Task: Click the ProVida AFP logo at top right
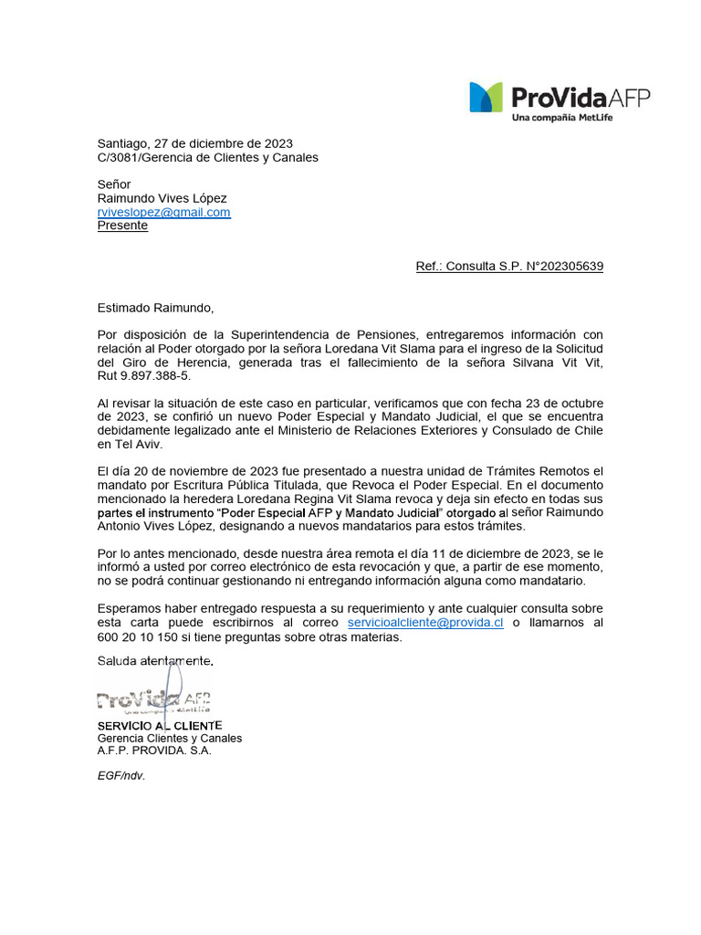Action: tap(560, 98)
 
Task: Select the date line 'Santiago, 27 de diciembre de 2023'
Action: tap(195, 143)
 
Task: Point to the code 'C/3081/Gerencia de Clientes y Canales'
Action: tap(208, 157)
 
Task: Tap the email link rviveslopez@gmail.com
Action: tap(164, 212)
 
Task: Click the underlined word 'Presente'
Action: tap(122, 226)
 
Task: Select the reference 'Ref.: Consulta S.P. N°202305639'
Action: tap(508, 267)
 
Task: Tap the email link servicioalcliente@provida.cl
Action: tap(425, 623)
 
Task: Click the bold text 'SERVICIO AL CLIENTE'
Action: tap(159, 725)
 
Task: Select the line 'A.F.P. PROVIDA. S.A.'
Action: tap(154, 751)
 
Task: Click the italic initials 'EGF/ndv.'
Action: tap(121, 775)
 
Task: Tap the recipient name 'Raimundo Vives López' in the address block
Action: tap(162, 198)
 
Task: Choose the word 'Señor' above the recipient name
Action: tap(114, 184)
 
